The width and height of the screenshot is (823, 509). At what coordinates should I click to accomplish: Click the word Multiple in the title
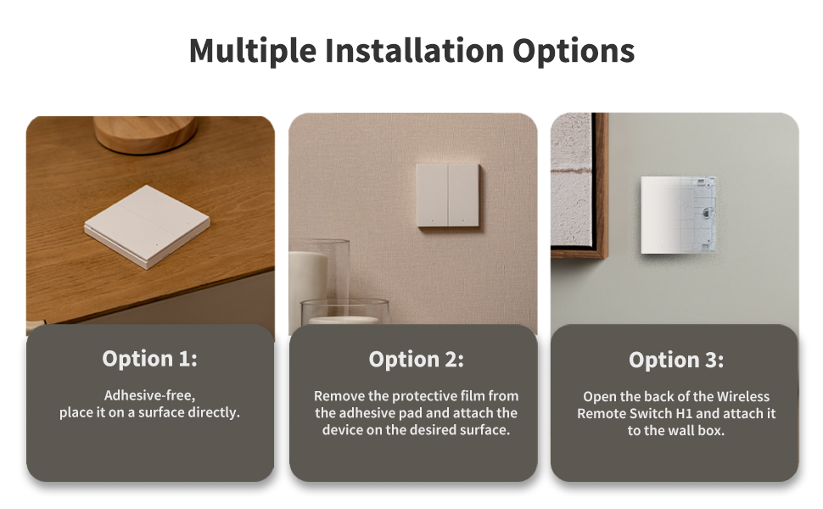(253, 51)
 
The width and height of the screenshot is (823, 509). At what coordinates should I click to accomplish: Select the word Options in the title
(574, 52)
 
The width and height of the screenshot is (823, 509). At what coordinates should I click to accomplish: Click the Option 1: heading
(149, 359)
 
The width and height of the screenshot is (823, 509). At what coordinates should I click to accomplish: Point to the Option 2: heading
(417, 360)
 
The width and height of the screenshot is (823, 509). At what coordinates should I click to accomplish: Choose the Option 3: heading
(676, 360)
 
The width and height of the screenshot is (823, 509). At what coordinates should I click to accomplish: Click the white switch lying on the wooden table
(147, 227)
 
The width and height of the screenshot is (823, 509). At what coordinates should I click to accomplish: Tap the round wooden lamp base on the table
(145, 134)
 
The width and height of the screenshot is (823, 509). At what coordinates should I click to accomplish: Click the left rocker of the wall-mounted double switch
(432, 195)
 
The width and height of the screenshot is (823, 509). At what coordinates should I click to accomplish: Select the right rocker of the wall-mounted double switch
(463, 195)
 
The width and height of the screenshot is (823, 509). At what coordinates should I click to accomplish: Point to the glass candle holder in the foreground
(344, 311)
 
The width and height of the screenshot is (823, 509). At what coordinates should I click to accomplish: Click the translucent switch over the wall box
(679, 215)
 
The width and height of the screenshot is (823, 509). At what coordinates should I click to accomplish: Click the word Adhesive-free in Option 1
(149, 395)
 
